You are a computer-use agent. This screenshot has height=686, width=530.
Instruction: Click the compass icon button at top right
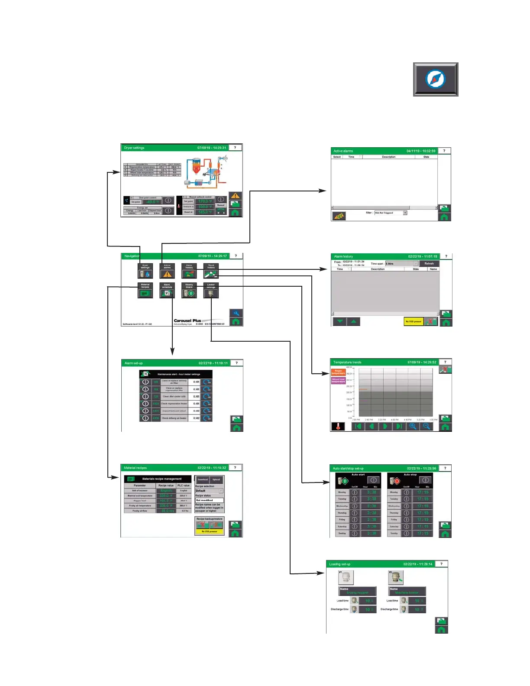pos(435,79)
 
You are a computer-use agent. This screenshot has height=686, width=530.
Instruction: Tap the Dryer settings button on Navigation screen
pos(145,271)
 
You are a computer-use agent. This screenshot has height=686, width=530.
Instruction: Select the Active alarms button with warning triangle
pos(167,271)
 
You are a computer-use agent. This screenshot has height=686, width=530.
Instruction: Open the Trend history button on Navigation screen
pos(211,271)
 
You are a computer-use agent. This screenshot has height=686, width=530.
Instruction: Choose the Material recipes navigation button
pos(145,291)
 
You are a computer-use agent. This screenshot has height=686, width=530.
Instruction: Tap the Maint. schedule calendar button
pos(167,291)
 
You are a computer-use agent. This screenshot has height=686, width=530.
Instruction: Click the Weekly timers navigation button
pos(189,291)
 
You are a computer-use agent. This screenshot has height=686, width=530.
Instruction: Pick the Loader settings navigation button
pos(211,291)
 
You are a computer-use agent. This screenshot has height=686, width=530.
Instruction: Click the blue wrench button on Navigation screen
pos(236,313)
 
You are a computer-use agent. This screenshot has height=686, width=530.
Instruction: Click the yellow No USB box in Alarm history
pos(414,321)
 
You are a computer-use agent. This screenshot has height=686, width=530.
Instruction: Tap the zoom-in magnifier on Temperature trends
pos(413,426)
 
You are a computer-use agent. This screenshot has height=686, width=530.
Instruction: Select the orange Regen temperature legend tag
pos(338,372)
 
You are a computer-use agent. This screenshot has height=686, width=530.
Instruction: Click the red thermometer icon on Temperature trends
pos(338,427)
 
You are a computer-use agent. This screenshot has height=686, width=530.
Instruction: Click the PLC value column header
pos(184,485)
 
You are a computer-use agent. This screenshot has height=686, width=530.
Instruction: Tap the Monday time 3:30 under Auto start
pos(372,492)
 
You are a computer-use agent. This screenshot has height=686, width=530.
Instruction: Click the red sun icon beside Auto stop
pos(395,481)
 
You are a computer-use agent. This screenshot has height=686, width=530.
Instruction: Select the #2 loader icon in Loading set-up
pos(396,577)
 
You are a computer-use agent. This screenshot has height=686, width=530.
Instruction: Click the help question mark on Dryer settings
pos(235,148)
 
